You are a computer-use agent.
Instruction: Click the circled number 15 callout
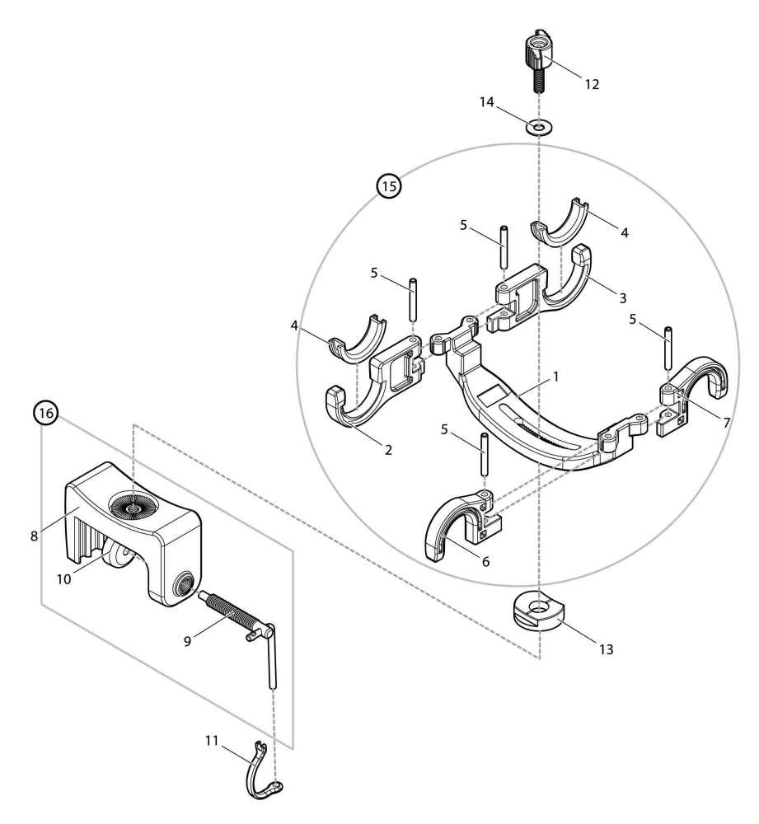coord(388,187)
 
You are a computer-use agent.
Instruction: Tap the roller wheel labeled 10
coord(117,556)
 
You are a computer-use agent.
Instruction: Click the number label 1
coord(557,377)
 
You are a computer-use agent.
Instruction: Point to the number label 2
coord(388,450)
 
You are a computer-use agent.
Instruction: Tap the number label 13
coord(606,649)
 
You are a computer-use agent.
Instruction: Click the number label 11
coord(212,740)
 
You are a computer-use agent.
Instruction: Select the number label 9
coord(188,639)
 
